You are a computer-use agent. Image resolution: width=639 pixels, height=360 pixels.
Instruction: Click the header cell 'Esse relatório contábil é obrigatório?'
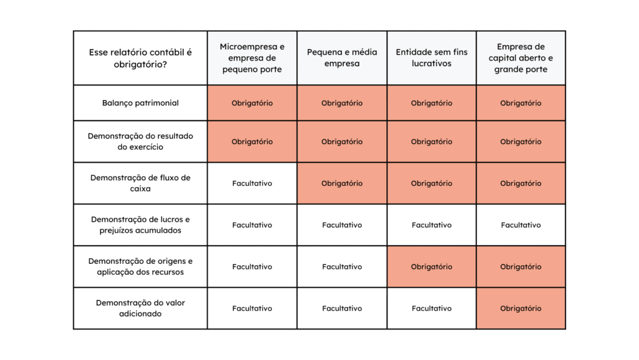pyautogui.click(x=140, y=58)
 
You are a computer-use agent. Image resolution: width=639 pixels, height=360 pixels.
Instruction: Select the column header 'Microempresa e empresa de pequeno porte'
pyautogui.click(x=252, y=58)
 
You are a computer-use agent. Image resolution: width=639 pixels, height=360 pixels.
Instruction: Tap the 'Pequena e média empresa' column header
pyautogui.click(x=342, y=58)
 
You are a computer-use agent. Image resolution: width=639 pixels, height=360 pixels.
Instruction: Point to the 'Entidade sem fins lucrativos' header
pyautogui.click(x=432, y=58)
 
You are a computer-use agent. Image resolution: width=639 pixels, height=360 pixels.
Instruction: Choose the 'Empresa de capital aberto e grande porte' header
pyautogui.click(x=521, y=58)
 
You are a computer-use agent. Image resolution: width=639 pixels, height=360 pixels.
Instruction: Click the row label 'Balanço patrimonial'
pyautogui.click(x=140, y=103)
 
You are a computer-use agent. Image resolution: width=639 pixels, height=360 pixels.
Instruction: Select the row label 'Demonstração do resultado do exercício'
pyautogui.click(x=140, y=142)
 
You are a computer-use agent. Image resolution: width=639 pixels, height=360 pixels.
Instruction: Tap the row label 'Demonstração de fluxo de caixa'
pyautogui.click(x=140, y=183)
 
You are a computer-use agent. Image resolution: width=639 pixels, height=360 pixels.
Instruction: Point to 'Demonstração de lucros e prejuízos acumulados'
pyautogui.click(x=140, y=225)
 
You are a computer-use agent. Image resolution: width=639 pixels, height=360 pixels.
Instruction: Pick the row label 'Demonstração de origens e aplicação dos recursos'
pyautogui.click(x=140, y=267)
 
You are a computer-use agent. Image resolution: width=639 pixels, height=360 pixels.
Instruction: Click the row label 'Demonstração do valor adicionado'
pyautogui.click(x=140, y=308)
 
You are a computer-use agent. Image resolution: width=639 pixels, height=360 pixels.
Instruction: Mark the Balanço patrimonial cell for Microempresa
pyautogui.click(x=252, y=103)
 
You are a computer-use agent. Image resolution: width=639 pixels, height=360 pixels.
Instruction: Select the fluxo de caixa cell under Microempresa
pyautogui.click(x=252, y=183)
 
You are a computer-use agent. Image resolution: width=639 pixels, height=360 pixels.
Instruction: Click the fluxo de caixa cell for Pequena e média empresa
pyautogui.click(x=342, y=183)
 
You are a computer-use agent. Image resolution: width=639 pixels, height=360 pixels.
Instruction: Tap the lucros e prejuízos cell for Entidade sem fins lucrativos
pyautogui.click(x=432, y=225)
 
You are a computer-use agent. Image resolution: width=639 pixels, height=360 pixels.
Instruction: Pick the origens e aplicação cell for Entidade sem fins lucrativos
pyautogui.click(x=432, y=267)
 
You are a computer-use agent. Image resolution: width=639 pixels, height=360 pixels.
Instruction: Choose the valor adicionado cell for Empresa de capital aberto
pyautogui.click(x=521, y=308)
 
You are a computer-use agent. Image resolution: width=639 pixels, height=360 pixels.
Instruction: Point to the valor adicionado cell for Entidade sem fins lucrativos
pyautogui.click(x=432, y=308)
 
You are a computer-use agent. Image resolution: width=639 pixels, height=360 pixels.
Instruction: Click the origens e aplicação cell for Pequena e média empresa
pyautogui.click(x=342, y=267)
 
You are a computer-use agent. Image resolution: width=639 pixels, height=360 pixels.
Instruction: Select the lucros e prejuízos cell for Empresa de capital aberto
pyautogui.click(x=521, y=225)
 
